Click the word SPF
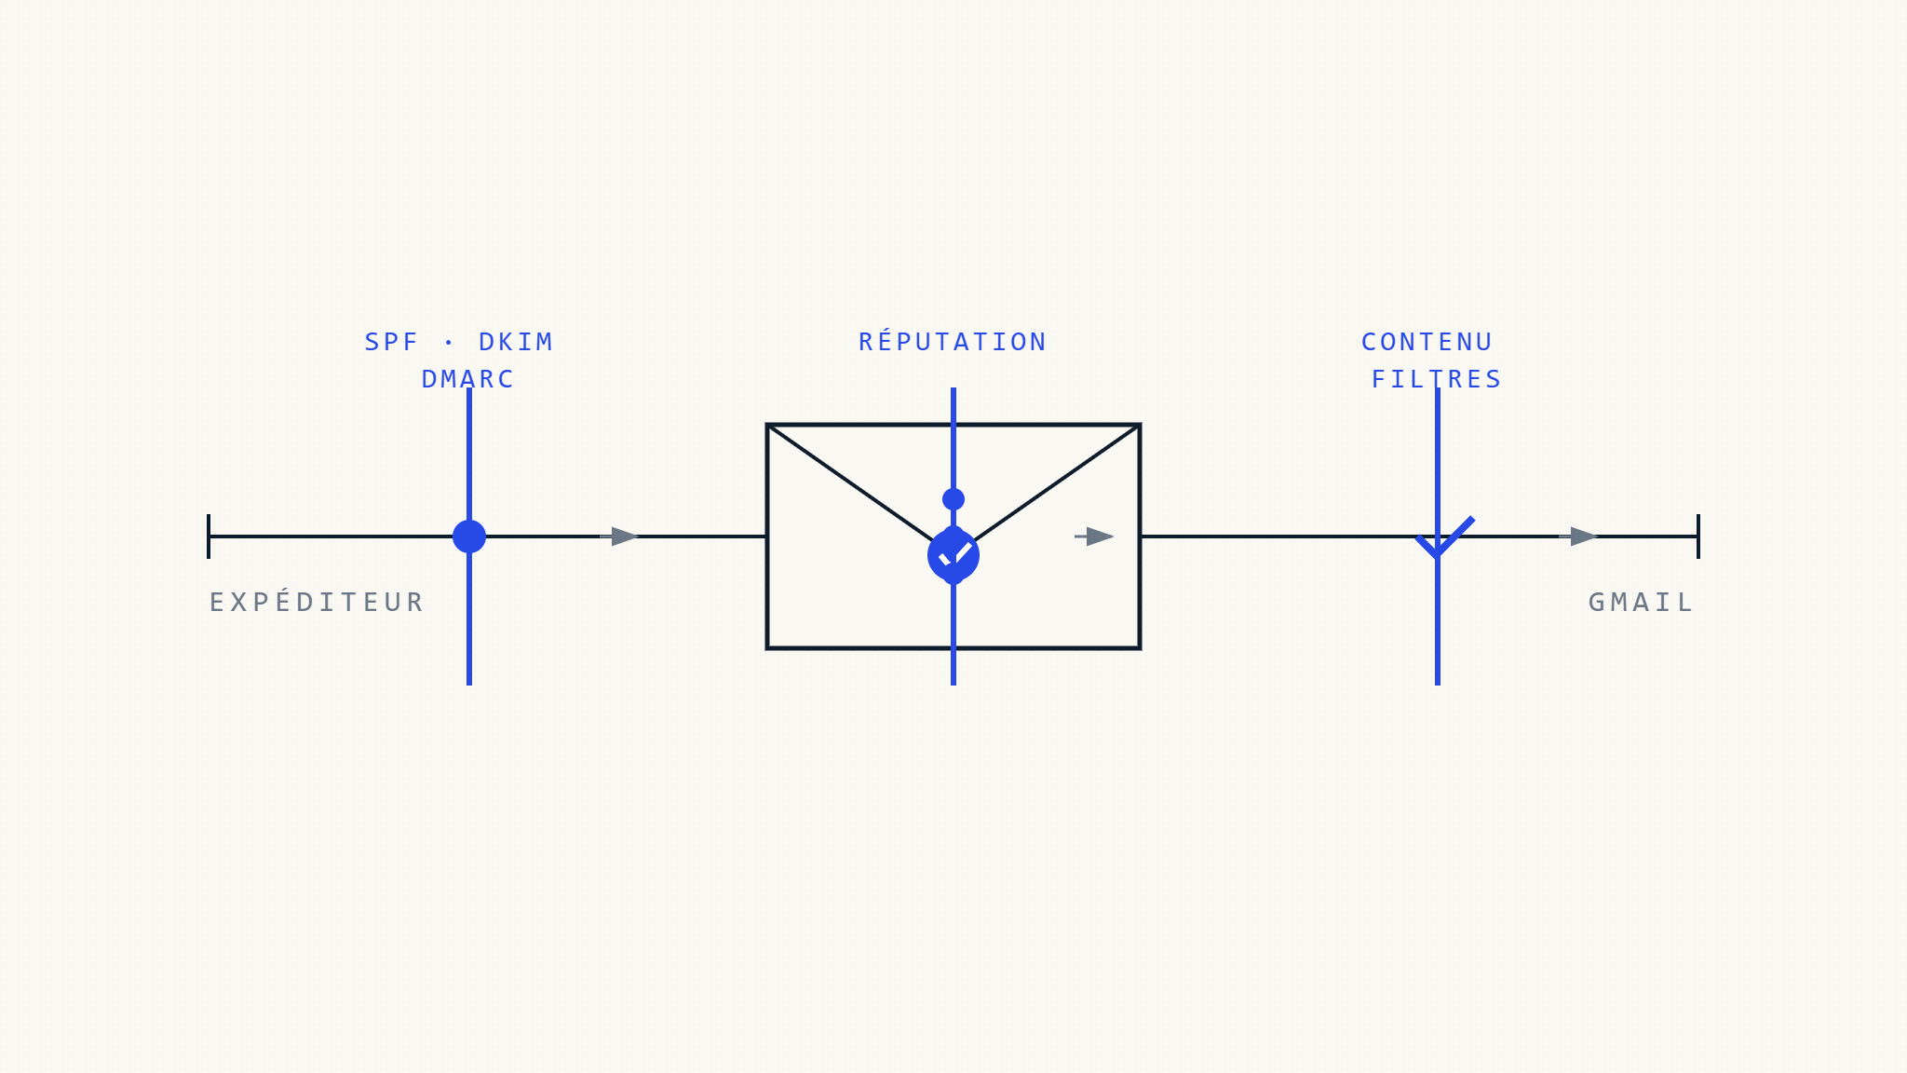391,342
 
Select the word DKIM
516,342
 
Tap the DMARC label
467,379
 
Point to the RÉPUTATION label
953,342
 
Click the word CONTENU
1427,342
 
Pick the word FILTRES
1437,379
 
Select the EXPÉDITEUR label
317,602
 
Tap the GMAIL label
1641,602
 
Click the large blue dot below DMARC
469,536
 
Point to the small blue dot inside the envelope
953,499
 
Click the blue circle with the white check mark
953,556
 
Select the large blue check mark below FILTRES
1443,538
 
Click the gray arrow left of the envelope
621,536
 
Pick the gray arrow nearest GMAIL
1580,536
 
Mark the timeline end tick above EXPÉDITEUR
209,536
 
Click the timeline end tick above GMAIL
1698,536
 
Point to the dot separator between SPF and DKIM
449,343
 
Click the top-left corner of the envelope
767,425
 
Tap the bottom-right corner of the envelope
1140,648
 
